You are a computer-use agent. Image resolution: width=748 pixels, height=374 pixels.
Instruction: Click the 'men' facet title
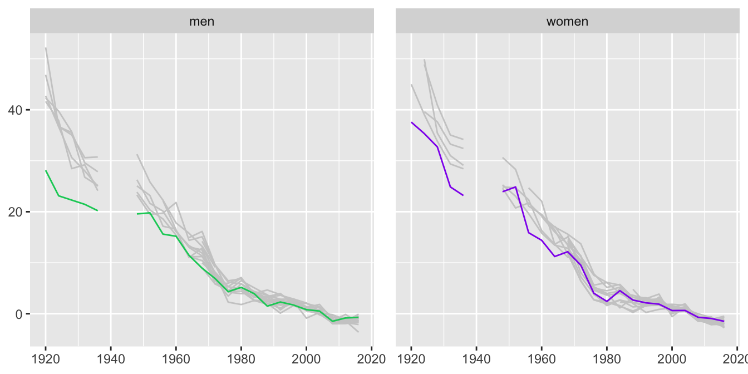pos(201,22)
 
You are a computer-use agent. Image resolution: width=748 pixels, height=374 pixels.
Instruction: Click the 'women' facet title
pos(567,22)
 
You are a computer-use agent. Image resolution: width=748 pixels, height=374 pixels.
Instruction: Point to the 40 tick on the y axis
pos(15,110)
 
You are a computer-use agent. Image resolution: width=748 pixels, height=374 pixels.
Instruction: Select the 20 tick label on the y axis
pos(15,212)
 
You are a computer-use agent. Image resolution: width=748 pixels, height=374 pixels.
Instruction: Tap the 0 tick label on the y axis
pos(18,314)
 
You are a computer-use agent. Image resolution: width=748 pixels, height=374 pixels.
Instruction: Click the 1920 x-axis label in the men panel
pos(46,359)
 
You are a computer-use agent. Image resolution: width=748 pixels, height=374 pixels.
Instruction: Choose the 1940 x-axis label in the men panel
pos(111,359)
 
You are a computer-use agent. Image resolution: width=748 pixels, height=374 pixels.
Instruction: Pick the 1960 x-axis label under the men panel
pos(176,359)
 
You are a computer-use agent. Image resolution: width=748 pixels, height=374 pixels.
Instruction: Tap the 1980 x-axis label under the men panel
pos(241,359)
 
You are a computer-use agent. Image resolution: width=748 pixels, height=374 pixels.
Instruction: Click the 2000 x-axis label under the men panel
pos(306,359)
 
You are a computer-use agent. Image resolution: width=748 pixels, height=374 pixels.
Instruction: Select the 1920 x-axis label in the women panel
pos(411,359)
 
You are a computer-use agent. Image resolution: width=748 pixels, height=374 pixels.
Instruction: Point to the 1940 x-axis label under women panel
pos(476,359)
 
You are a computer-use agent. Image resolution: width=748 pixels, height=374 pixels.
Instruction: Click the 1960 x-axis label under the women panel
pos(542,359)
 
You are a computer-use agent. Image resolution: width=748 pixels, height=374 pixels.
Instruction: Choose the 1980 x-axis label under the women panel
pos(607,359)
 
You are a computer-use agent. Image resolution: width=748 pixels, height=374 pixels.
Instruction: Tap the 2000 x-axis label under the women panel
pos(672,359)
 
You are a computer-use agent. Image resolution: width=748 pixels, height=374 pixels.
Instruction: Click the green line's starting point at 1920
pos(46,171)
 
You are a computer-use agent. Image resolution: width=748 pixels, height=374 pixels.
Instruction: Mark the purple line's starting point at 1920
pos(411,122)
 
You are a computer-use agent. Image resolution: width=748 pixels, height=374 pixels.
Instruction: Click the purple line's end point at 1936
pos(463,195)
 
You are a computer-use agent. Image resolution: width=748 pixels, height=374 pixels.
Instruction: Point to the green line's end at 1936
pos(97,210)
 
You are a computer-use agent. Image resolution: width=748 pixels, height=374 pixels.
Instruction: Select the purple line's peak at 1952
pos(515,187)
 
